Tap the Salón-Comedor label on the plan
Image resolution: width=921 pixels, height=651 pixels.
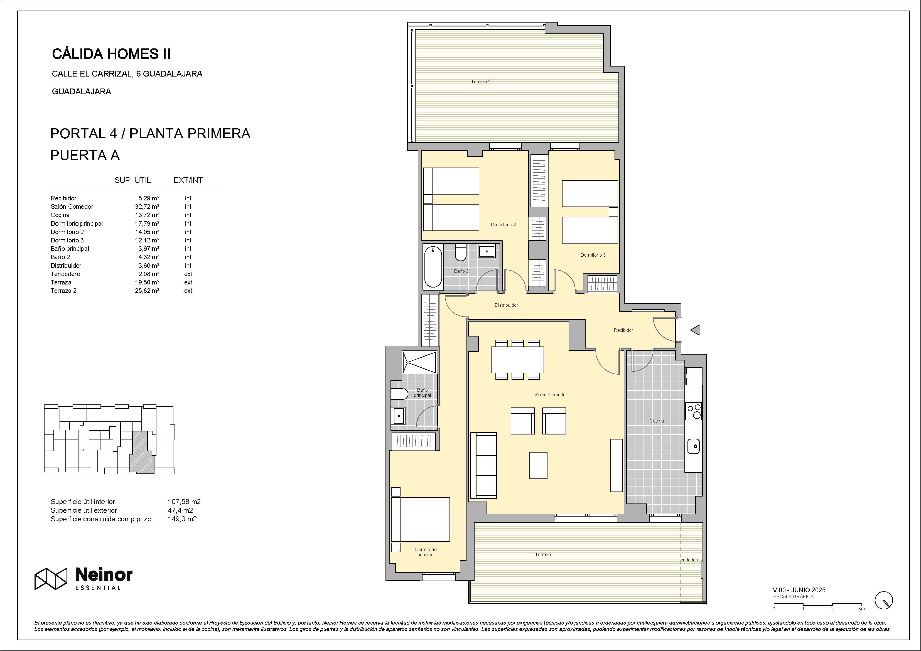pos(551,395)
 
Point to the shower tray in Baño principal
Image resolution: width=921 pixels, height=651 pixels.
pos(419,363)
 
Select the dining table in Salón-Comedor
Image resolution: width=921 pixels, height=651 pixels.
pos(517,360)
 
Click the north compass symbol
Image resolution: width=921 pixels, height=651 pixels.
pos(883,600)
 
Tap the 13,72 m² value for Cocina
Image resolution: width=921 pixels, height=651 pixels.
pos(147,215)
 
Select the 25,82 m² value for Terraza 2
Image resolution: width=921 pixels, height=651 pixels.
pos(147,291)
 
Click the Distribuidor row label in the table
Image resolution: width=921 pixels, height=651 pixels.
pos(66,266)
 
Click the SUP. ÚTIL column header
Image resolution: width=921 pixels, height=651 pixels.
pos(133,180)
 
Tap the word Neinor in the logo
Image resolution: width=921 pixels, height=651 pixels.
pos(104,575)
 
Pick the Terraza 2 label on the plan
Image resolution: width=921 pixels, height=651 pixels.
pos(481,82)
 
